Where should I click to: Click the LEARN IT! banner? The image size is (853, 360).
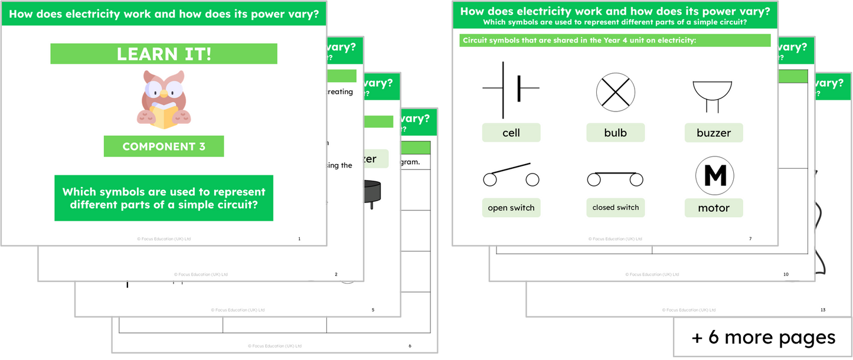point(164,54)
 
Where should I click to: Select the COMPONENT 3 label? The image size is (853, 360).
point(164,146)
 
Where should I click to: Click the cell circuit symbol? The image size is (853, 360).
point(511,90)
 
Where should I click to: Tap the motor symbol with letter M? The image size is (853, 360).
point(714,176)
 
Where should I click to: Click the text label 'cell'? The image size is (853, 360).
point(511,133)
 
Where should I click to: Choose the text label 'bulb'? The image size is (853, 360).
point(615,133)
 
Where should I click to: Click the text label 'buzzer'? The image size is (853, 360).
point(714,133)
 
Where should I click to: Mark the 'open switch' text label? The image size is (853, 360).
point(511,208)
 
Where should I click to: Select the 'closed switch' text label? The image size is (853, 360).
point(615,207)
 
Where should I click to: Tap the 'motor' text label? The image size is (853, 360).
point(714,208)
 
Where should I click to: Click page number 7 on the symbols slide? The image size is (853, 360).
point(750,238)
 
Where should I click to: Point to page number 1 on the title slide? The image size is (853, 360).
point(299,238)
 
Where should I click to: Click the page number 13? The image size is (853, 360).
point(822,309)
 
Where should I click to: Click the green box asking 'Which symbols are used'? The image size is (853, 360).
point(164,198)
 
